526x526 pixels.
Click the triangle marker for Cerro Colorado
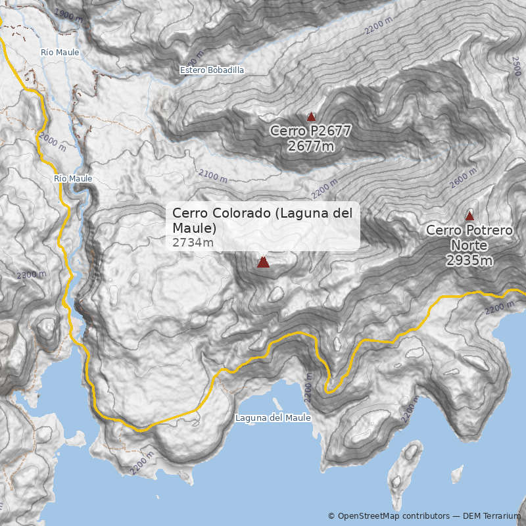point(263,262)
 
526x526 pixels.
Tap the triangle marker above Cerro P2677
point(312,116)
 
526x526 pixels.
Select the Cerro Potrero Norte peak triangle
point(469,216)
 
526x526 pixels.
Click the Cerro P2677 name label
point(310,131)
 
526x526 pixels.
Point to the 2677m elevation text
point(311,146)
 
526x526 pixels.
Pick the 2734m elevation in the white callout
point(193,243)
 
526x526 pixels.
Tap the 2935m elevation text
point(469,260)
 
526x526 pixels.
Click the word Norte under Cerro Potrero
point(469,245)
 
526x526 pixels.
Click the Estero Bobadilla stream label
point(212,70)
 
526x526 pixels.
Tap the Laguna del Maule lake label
point(273,418)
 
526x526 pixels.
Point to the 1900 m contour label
point(68,14)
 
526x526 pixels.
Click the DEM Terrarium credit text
point(491,516)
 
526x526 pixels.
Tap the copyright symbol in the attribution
point(331,516)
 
